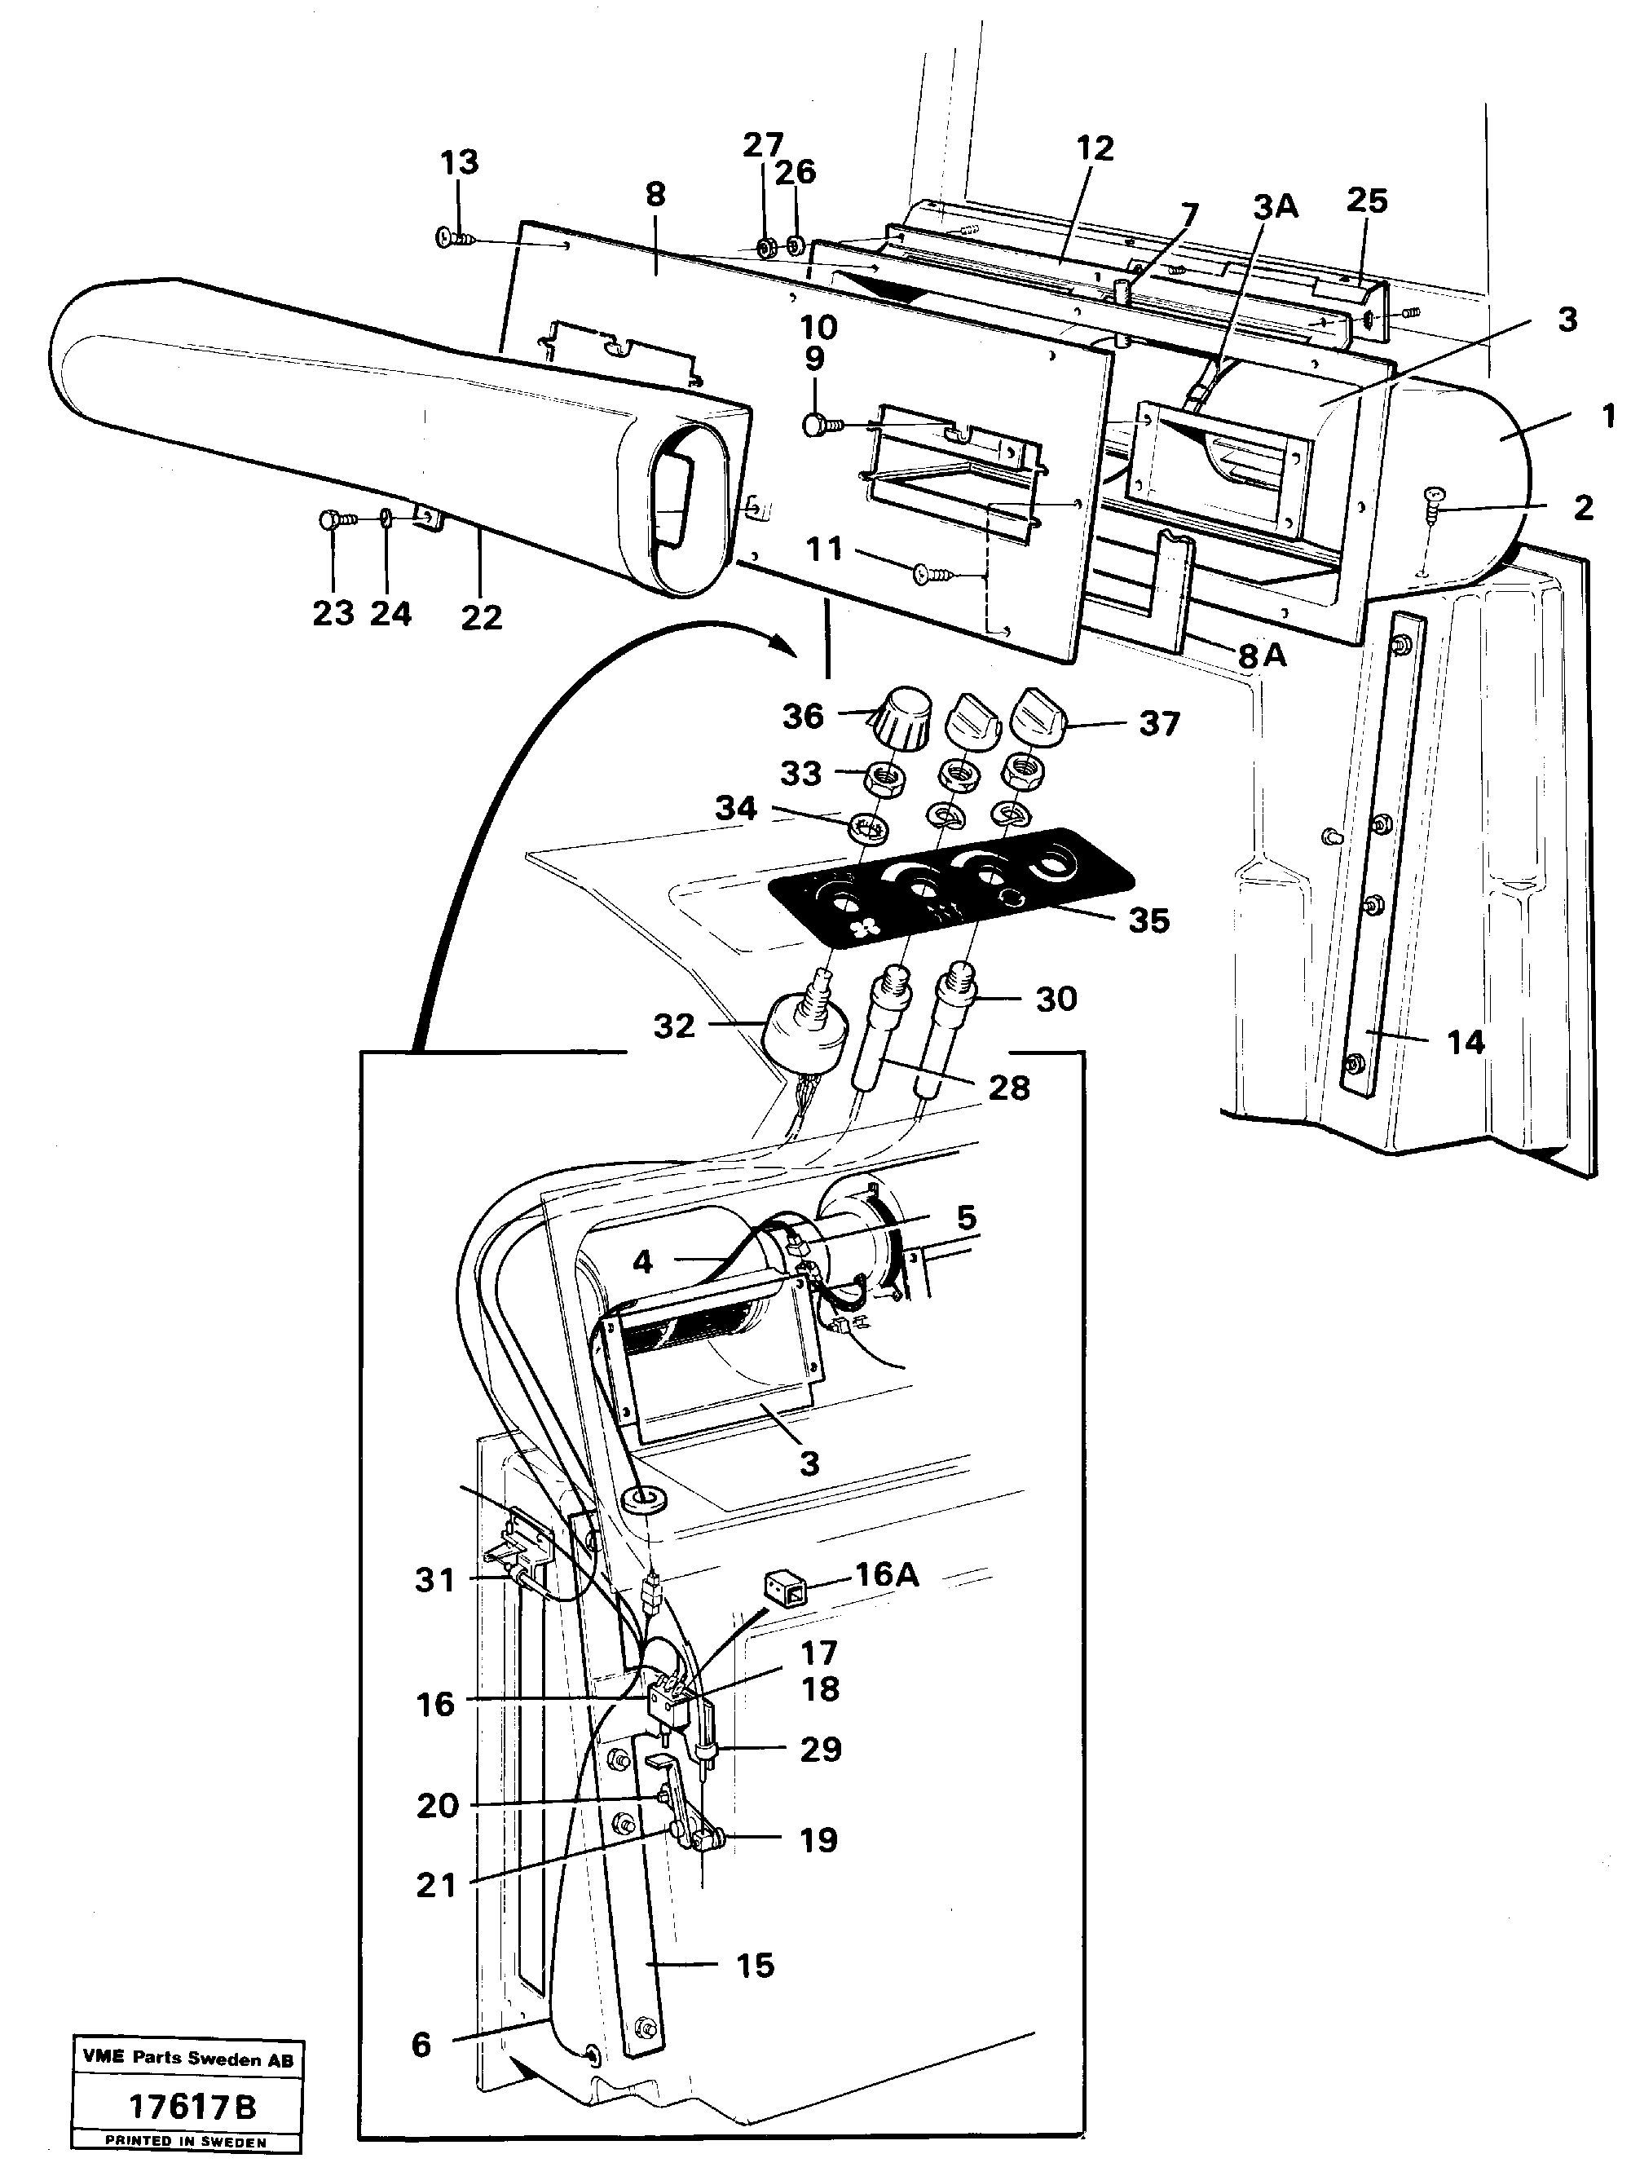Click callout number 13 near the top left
[x=460, y=162]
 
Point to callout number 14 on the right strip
[x=1465, y=1041]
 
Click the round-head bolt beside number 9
[x=814, y=425]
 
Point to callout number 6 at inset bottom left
[x=421, y=2046]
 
